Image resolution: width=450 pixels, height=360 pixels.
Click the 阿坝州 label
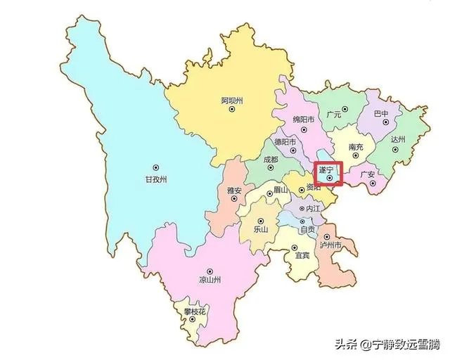click(231, 101)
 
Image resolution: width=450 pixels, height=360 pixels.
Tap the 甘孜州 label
click(155, 179)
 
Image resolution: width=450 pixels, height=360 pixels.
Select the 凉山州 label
click(210, 280)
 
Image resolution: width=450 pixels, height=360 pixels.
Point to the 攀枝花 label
click(193, 310)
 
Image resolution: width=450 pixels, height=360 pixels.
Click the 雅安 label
click(234, 191)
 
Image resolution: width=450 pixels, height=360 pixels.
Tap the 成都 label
click(270, 160)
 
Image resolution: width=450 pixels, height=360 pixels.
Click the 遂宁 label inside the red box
click(326, 170)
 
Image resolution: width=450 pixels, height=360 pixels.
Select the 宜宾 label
click(302, 255)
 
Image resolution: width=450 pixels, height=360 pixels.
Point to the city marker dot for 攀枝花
click(193, 320)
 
